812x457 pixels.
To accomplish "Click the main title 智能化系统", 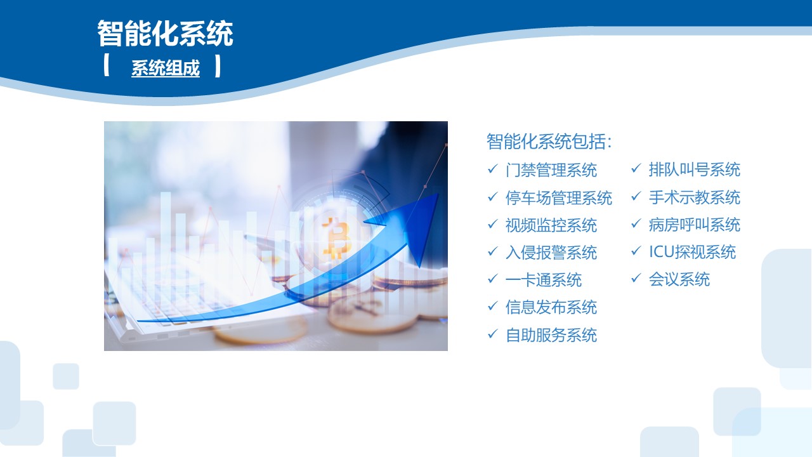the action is click(165, 34).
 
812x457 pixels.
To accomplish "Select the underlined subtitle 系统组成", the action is click(166, 68).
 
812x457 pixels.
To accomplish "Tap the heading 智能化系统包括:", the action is click(549, 142).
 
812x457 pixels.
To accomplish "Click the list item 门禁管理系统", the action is click(551, 170).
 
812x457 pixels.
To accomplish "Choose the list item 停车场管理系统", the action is click(559, 198).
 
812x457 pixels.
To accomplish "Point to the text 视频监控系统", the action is click(551, 225).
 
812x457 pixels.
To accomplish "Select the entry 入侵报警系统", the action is click(551, 253).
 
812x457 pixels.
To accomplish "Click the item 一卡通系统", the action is click(544, 280).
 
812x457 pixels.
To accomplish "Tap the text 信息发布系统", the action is click(551, 308).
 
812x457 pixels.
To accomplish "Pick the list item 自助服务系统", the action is click(551, 335).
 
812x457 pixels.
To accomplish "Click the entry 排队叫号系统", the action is click(694, 169).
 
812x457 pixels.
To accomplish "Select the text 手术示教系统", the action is click(694, 197).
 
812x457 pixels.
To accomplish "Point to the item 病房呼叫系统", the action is click(694, 225).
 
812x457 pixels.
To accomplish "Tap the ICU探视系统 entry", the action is click(692, 253).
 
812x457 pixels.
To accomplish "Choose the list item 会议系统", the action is click(679, 280).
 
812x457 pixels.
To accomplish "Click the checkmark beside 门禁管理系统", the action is click(493, 169).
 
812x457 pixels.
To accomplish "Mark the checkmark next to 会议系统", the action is click(636, 278).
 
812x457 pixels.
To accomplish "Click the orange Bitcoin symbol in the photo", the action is click(337, 237).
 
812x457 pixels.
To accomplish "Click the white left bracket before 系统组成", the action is click(106, 65).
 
